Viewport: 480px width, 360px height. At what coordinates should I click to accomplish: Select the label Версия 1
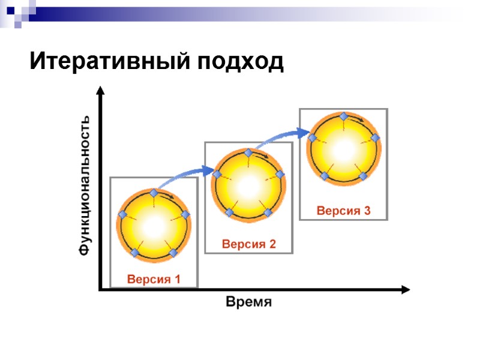tap(154, 279)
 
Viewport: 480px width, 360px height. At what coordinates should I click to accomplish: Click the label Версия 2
tap(248, 244)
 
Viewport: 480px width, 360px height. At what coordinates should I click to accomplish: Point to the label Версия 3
tap(344, 211)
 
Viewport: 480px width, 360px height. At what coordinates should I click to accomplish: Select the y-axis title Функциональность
tap(86, 185)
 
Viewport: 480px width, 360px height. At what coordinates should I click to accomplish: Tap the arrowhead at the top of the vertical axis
tap(100, 91)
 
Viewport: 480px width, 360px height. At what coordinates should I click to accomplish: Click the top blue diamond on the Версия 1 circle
tap(154, 193)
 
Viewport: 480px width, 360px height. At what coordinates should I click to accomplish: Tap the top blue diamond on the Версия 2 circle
tap(248, 154)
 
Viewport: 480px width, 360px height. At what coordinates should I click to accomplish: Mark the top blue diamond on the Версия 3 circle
tap(343, 116)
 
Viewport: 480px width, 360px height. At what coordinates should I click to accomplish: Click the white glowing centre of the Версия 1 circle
tap(154, 225)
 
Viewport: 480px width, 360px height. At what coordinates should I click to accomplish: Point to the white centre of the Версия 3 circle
tap(343, 148)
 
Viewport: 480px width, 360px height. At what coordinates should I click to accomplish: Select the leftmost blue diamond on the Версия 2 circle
tap(217, 175)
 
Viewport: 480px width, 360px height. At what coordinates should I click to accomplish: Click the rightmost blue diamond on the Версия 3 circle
tap(376, 137)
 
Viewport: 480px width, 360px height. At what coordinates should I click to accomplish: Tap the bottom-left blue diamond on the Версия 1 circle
tap(134, 253)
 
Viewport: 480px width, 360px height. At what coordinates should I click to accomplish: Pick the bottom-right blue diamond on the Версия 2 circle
tap(268, 212)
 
